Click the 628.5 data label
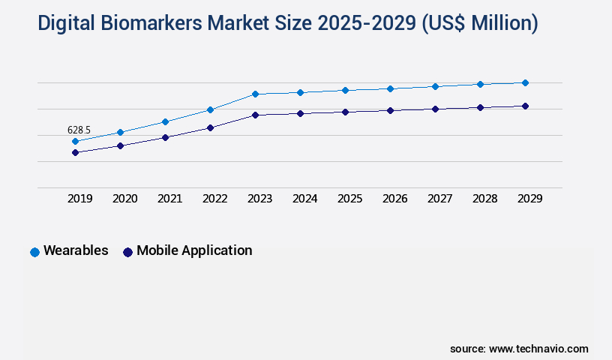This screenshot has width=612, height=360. click(79, 130)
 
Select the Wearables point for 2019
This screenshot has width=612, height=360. click(75, 141)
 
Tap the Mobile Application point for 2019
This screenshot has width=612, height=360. click(75, 152)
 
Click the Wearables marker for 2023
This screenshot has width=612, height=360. click(255, 94)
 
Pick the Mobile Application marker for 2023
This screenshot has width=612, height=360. click(255, 115)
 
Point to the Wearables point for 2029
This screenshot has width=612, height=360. click(525, 82)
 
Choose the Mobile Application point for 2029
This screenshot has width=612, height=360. click(525, 106)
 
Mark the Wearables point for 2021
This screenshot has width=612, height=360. click(165, 121)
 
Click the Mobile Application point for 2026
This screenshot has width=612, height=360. click(390, 110)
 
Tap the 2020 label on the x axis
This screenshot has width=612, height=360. click(124, 199)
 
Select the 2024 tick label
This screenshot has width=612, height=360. click(304, 199)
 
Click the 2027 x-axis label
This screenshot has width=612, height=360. click(439, 199)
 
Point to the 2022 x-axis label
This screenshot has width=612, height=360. click(214, 199)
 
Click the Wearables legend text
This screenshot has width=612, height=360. click(76, 250)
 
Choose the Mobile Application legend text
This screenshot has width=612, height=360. click(194, 250)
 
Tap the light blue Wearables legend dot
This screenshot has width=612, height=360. click(34, 252)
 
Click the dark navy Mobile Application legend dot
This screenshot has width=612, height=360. click(127, 252)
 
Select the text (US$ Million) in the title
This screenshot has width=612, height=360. click(480, 23)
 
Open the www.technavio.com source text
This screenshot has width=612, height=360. click(538, 349)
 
